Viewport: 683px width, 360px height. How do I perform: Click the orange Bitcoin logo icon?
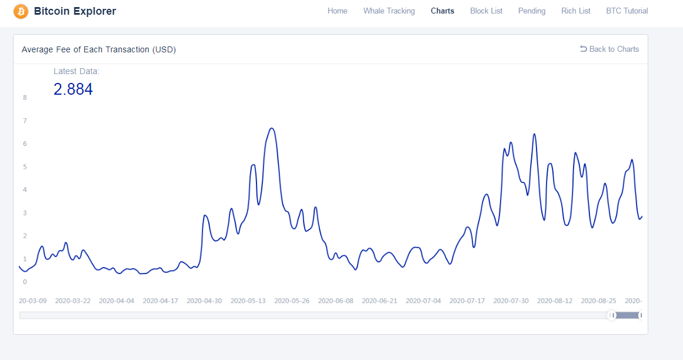point(21,11)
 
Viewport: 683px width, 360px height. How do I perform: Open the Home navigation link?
point(337,11)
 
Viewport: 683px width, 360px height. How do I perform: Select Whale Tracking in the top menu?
point(389,11)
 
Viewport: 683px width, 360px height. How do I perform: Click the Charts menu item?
point(442,11)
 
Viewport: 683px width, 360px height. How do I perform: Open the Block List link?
point(487,11)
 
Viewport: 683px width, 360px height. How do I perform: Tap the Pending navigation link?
point(532,11)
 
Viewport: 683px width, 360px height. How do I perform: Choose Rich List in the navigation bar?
point(576,11)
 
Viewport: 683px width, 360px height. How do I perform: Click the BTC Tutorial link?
point(627,11)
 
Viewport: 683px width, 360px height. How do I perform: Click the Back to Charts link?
point(609,49)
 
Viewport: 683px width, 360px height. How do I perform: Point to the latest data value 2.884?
point(73,89)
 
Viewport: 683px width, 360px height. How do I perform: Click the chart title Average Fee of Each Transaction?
point(98,49)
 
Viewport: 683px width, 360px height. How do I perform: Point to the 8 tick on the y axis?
point(25,98)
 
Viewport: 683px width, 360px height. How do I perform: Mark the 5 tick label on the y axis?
point(25,166)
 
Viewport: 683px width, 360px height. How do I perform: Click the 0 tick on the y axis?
point(25,282)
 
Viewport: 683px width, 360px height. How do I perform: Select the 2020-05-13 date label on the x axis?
point(248,301)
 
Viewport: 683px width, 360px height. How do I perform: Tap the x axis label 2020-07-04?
point(423,301)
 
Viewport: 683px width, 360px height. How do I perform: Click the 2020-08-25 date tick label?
point(598,301)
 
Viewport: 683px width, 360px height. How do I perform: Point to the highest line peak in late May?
point(271,128)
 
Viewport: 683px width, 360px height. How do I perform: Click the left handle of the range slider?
point(612,315)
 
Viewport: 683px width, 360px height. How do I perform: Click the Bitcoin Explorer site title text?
point(75,11)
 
